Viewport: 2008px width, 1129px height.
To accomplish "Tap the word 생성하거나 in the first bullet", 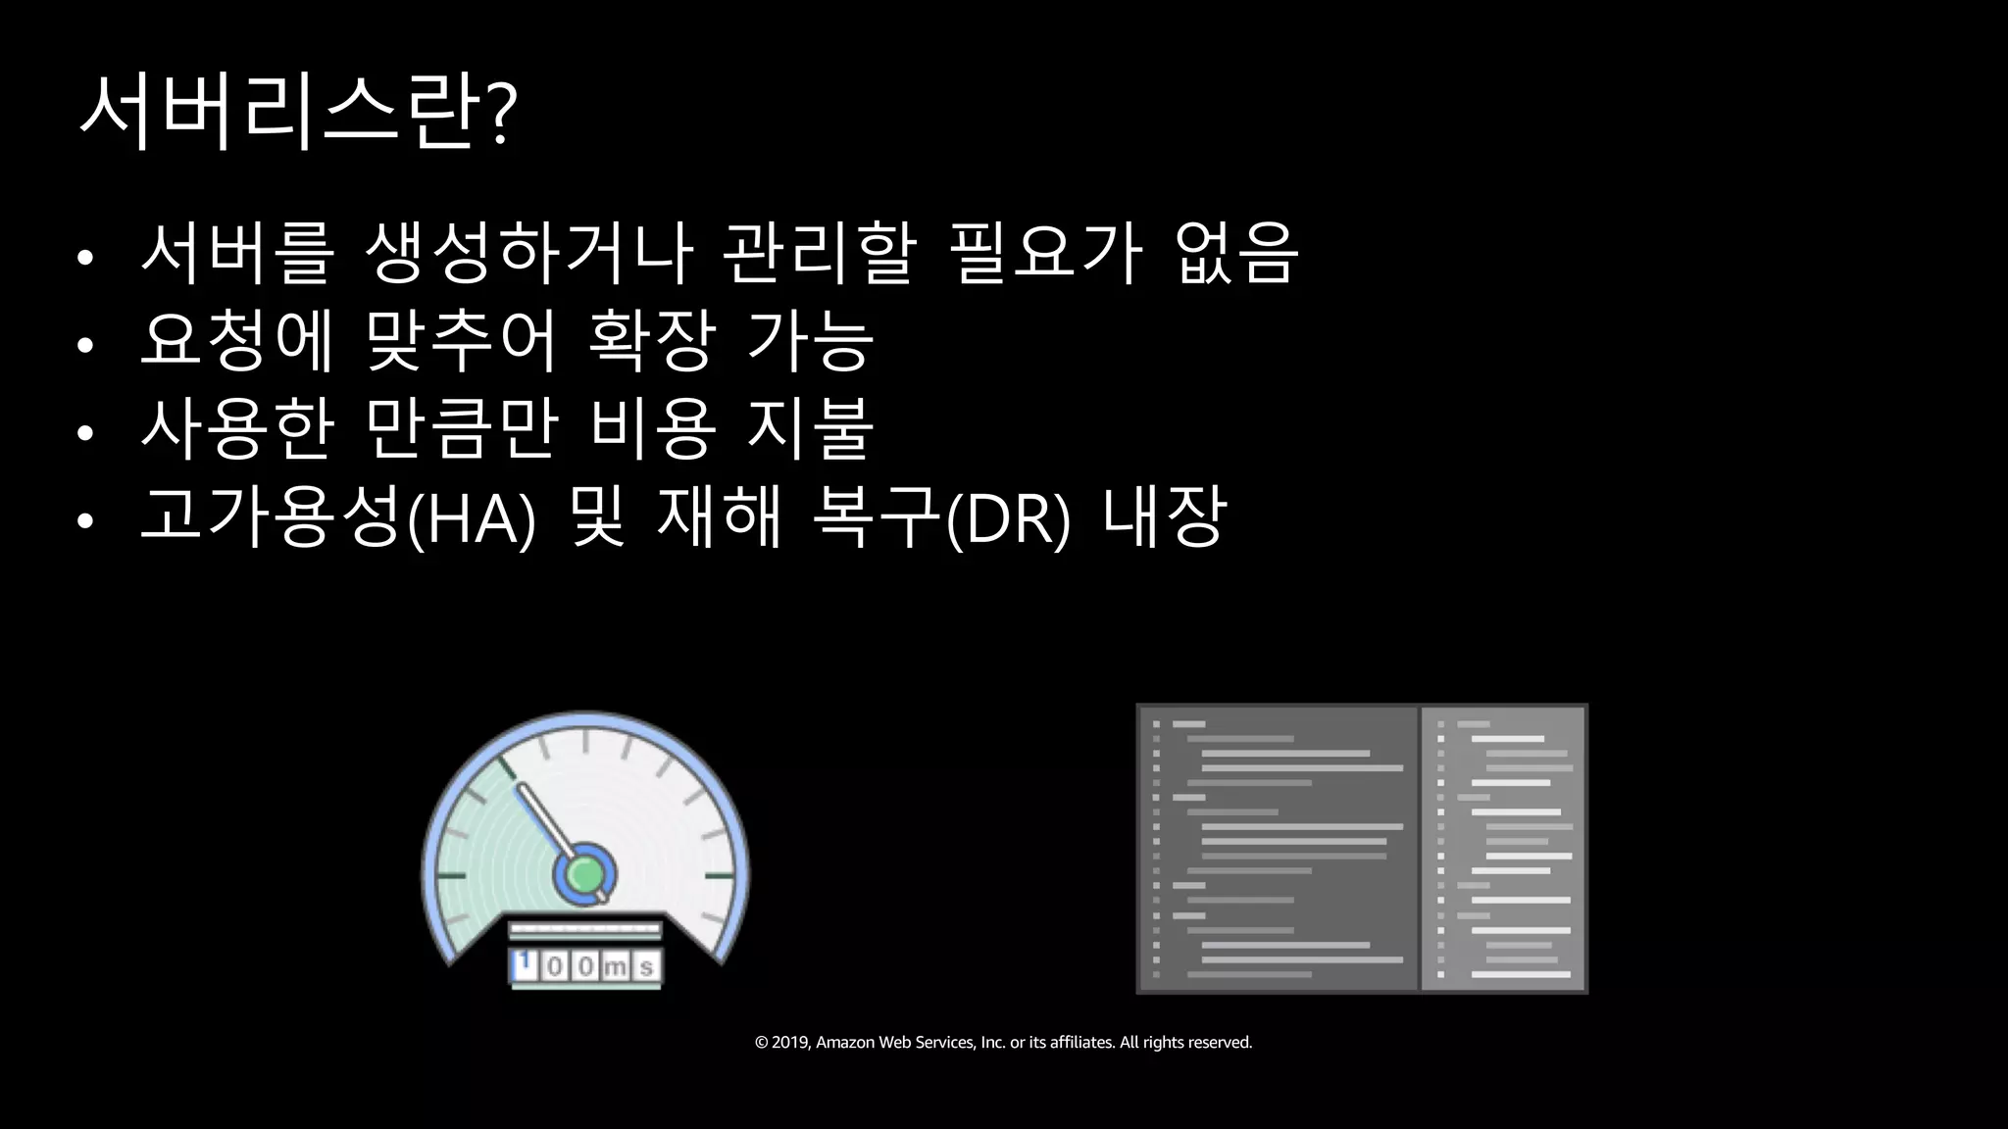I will click(x=528, y=253).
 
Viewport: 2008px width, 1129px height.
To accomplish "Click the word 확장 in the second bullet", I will click(x=649, y=341).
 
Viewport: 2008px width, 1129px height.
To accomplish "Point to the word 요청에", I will click(x=237, y=341).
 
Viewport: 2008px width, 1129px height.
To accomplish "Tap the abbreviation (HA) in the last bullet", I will click(x=471, y=518).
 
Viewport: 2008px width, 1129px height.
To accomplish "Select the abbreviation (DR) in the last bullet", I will click(x=1010, y=518).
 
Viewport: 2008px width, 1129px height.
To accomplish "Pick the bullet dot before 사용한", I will click(x=85, y=432).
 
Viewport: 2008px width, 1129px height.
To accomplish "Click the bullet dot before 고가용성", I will click(x=85, y=520).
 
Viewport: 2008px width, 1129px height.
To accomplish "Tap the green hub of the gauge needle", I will click(x=584, y=872).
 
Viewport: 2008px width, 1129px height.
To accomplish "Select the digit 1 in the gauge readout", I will click(x=525, y=964).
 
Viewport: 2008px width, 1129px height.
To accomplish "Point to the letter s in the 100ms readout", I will click(x=646, y=967).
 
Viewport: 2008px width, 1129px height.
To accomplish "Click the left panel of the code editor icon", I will click(x=1278, y=849).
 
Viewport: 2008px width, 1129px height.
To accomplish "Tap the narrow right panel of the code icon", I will click(x=1504, y=849).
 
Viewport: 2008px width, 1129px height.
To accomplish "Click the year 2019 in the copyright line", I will click(x=789, y=1043).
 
